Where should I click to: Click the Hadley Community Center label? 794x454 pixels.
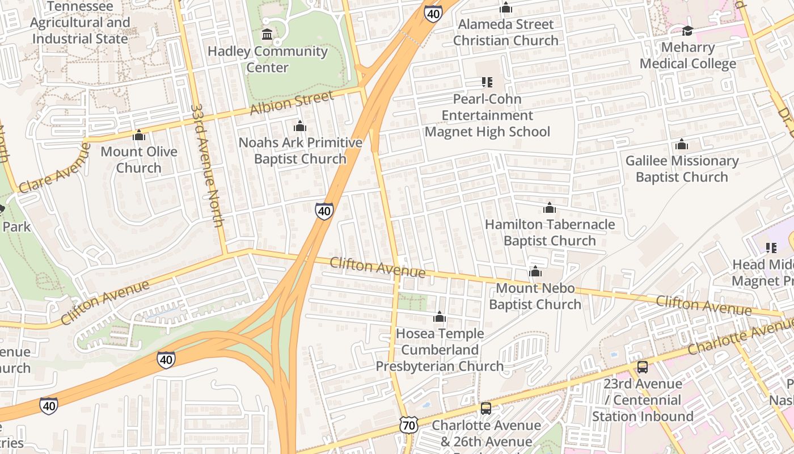coord(267,60)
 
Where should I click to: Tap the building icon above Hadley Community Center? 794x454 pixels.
coord(267,35)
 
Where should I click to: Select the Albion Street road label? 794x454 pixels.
coord(292,103)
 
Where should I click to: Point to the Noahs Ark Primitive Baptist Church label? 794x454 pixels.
coord(300,151)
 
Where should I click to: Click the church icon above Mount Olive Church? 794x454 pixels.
coord(139,135)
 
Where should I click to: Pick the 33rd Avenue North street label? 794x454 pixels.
coord(208,165)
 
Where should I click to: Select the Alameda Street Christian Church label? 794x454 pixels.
coord(505,32)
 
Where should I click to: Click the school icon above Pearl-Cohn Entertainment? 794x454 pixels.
coord(487,82)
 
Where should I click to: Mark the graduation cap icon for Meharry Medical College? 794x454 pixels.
coord(687,31)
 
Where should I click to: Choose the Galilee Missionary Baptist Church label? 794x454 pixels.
coord(682,169)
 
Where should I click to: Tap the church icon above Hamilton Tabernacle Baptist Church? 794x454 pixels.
coord(549,208)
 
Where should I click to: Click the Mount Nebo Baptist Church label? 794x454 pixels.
coord(535,296)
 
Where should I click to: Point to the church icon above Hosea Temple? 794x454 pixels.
coord(440,317)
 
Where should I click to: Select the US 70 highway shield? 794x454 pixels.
coord(408,425)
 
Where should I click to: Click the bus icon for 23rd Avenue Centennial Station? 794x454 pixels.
coord(642,367)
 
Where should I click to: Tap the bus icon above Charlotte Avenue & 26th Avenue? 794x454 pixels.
coord(486,408)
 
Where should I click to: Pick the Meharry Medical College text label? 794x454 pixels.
coord(687,55)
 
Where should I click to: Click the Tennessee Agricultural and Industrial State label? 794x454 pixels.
coord(79,23)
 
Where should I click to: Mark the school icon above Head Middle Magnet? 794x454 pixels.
coord(771,247)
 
